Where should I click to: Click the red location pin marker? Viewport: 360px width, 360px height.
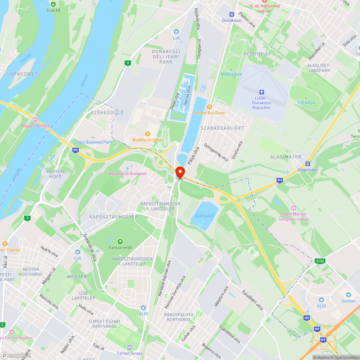point(180,172)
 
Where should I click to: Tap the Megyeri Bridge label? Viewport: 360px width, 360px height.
point(35,126)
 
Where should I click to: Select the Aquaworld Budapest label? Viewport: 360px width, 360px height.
point(128,174)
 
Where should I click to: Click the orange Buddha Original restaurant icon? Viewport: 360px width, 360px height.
point(147,134)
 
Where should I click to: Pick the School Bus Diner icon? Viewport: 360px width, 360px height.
point(210,107)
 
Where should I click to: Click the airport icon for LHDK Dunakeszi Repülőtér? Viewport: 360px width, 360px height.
point(261,93)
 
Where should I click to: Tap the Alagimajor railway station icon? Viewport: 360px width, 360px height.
point(308,163)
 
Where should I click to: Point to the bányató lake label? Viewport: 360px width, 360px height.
point(205,216)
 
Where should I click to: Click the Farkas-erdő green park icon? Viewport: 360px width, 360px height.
point(120,242)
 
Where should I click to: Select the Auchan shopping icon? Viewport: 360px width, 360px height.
point(348,295)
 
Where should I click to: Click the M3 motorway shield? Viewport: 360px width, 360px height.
point(323,339)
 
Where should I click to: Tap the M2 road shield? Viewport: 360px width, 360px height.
point(280,180)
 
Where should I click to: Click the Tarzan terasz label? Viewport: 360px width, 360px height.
point(129,353)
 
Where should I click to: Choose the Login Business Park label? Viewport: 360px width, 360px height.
point(93,142)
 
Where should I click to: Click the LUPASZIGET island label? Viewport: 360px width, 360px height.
point(22,74)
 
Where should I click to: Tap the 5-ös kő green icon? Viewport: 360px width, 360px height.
point(53,4)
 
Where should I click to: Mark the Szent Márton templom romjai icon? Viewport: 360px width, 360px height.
point(294,208)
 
